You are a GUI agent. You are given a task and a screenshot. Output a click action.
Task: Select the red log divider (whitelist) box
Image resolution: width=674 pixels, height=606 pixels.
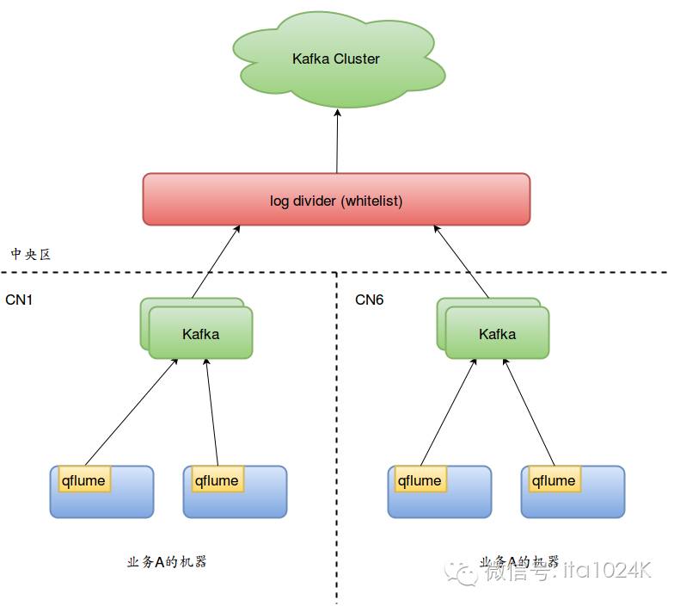336,200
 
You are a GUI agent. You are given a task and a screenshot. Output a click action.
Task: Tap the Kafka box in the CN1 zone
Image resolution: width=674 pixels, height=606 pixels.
200,333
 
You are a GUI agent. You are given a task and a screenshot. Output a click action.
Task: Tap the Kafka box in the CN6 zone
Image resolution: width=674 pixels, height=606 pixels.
497,333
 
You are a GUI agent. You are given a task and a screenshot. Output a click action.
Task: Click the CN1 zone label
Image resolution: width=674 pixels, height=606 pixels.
19,300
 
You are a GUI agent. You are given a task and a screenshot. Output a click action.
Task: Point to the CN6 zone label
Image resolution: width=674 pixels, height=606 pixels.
370,300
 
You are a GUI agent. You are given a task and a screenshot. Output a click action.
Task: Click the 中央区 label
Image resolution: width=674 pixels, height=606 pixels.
31,254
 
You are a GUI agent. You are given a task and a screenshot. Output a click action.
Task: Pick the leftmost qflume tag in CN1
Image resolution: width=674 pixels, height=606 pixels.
83,480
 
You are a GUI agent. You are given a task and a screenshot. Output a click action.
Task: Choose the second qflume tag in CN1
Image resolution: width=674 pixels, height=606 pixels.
217,480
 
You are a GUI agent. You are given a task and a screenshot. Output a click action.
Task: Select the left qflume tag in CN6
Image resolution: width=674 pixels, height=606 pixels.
420,480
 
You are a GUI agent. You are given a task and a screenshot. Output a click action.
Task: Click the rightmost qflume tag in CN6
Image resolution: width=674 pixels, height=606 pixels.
554,480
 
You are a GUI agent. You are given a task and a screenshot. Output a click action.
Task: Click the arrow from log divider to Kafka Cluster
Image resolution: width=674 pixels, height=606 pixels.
337,142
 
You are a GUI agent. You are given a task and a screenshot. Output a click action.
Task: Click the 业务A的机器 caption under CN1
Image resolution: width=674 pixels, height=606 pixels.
167,562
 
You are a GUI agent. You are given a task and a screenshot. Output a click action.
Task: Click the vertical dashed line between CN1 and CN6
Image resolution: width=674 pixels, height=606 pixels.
336,430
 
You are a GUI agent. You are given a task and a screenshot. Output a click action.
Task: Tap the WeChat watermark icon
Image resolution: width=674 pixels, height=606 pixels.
466,572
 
